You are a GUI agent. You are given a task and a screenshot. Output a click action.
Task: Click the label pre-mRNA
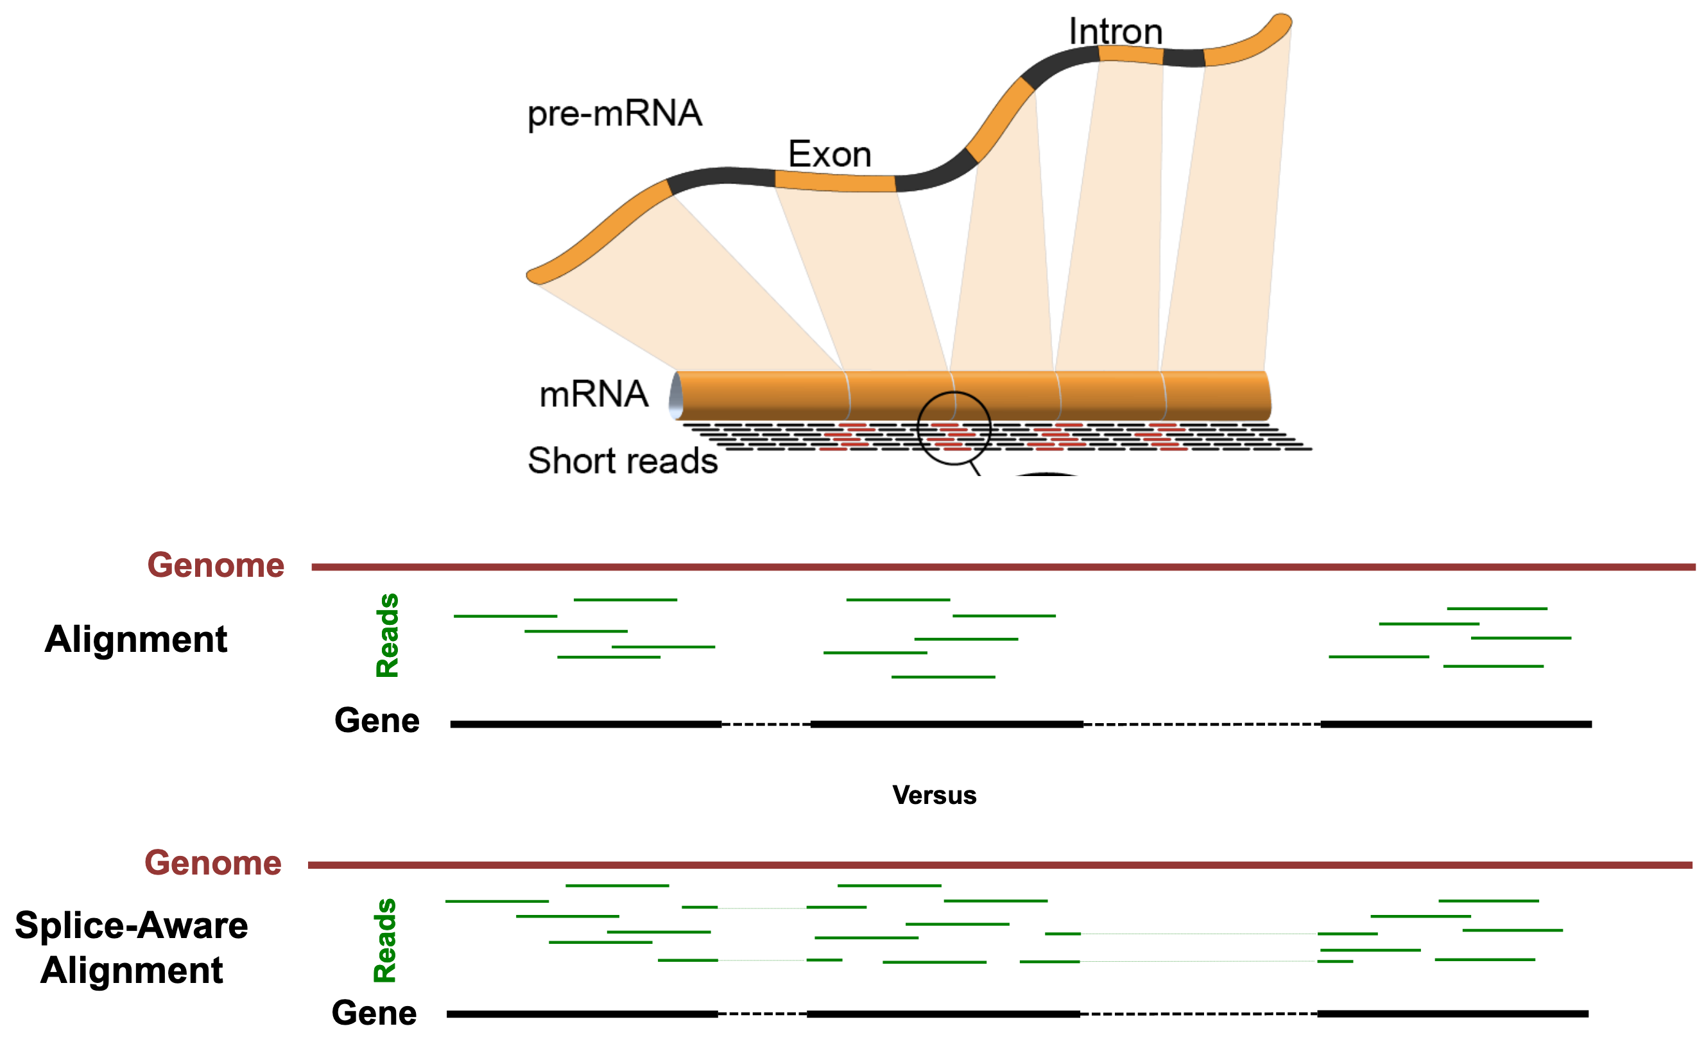pyautogui.click(x=614, y=114)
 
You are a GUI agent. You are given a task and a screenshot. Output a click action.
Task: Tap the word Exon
pyautogui.click(x=829, y=155)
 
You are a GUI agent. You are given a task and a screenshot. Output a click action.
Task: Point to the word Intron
pyautogui.click(x=1116, y=31)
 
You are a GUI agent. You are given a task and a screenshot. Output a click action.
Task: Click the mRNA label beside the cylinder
pyautogui.click(x=594, y=395)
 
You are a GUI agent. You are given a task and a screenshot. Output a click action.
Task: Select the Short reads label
pyautogui.click(x=623, y=460)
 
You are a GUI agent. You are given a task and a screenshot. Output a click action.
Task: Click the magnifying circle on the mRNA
pyautogui.click(x=954, y=428)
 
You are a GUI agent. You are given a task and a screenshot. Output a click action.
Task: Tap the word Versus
pyautogui.click(x=934, y=795)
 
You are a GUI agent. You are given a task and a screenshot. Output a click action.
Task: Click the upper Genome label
pyautogui.click(x=216, y=566)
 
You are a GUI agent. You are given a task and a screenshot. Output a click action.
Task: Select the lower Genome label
pyautogui.click(x=213, y=864)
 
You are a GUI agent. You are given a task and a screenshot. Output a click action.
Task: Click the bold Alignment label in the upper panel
pyautogui.click(x=136, y=640)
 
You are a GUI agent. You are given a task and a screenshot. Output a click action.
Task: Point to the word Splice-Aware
pyautogui.click(x=131, y=925)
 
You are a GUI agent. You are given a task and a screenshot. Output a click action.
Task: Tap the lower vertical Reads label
pyautogui.click(x=384, y=940)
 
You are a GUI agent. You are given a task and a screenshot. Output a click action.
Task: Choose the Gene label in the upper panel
pyautogui.click(x=377, y=721)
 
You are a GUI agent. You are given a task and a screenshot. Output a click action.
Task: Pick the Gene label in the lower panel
pyautogui.click(x=374, y=1013)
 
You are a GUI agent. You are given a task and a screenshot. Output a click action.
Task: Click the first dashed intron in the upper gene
pyautogui.click(x=766, y=724)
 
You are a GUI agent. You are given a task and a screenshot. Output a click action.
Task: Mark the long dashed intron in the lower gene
pyautogui.click(x=1198, y=1014)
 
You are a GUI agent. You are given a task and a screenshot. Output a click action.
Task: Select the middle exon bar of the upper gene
pyautogui.click(x=946, y=724)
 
